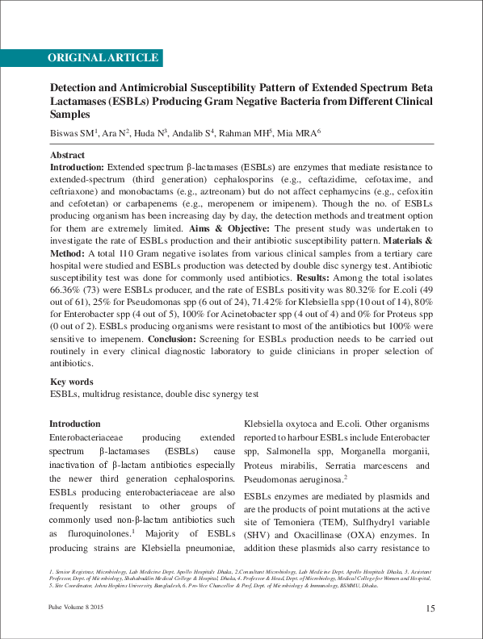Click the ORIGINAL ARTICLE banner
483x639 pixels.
tap(103, 58)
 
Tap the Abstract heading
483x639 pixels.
tap(67, 154)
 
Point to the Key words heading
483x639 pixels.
tap(72, 382)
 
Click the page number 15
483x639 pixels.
tap(430, 608)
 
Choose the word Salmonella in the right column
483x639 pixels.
tap(292, 452)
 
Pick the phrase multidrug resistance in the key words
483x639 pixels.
tap(120, 395)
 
